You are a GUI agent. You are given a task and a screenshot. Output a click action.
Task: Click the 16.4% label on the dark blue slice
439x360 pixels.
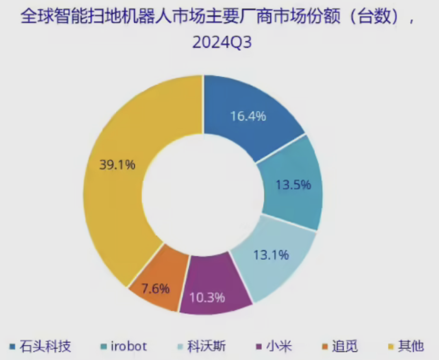[248, 116]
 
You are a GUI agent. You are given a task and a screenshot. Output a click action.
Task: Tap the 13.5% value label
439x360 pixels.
[293, 185]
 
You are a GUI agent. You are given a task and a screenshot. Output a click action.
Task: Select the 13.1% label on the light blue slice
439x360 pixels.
[271, 255]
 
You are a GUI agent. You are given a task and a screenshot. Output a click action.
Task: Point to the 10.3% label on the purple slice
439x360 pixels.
[208, 297]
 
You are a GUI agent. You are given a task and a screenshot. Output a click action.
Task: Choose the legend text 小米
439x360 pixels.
[279, 347]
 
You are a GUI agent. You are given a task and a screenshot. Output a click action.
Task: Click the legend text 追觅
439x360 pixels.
[345, 347]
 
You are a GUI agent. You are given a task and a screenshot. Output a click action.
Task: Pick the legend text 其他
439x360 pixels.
[411, 347]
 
